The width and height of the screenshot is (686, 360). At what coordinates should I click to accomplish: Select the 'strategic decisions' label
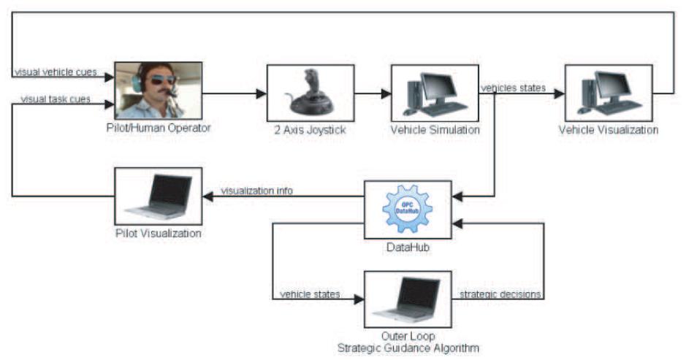[x=500, y=294]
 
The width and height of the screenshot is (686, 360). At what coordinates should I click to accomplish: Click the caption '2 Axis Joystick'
[x=310, y=130]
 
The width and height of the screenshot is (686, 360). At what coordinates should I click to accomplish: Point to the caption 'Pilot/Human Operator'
[x=159, y=129]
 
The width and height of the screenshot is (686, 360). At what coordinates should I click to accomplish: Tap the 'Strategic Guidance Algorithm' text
[x=407, y=348]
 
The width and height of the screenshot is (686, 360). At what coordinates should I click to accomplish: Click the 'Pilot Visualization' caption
[x=159, y=233]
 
